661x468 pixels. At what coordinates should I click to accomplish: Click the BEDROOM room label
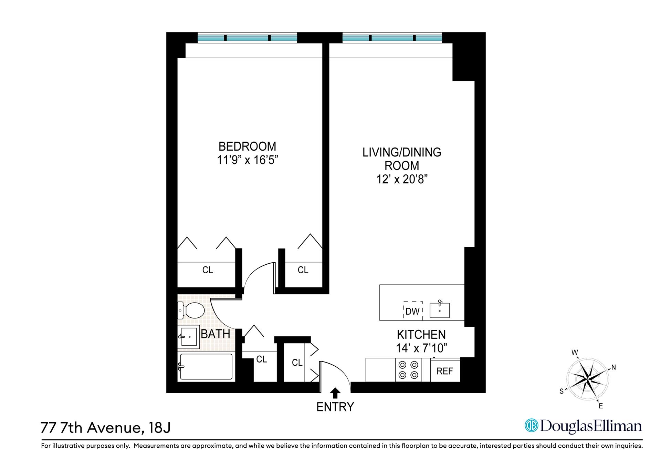(247, 146)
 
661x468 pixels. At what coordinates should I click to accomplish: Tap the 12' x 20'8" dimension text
(402, 179)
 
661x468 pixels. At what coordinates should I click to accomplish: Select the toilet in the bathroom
(191, 311)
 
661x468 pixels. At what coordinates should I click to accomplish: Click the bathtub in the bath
(206, 367)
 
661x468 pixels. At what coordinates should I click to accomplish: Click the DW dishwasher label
(412, 312)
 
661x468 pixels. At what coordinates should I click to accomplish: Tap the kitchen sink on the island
(440, 310)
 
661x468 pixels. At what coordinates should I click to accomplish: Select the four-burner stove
(408, 370)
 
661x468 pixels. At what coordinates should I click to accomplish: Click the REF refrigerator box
(445, 371)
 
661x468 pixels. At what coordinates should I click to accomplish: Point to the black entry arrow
(335, 393)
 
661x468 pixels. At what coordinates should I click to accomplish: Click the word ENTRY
(335, 407)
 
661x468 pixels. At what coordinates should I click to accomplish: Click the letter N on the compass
(613, 367)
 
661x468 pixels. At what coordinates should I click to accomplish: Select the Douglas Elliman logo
(583, 426)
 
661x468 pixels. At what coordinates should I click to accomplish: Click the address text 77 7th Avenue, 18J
(105, 428)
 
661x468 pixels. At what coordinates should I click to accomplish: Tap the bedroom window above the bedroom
(247, 38)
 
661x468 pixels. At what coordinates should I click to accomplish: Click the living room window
(392, 38)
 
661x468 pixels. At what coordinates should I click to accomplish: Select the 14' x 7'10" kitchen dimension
(421, 348)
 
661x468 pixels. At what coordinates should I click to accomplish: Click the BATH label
(216, 334)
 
